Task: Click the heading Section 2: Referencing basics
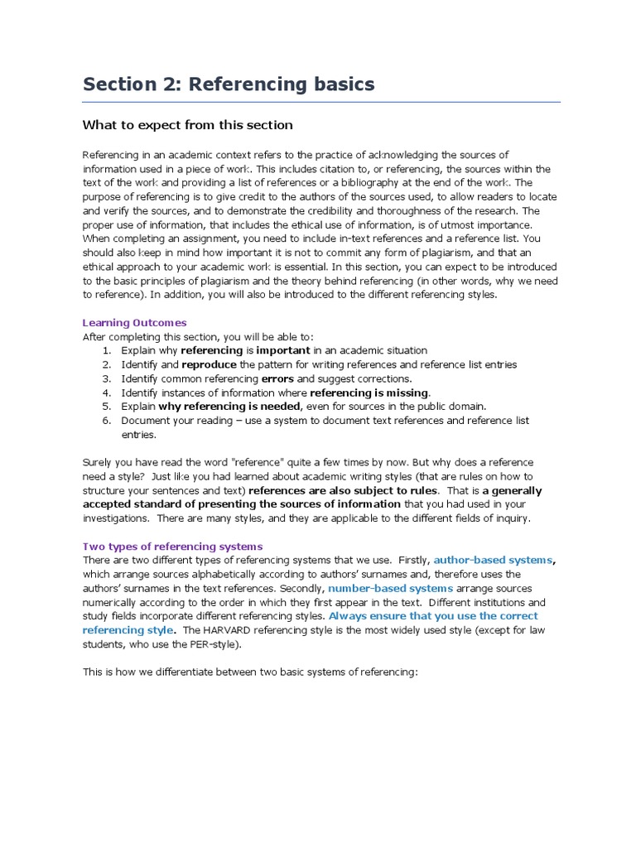tap(228, 84)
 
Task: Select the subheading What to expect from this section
tap(187, 125)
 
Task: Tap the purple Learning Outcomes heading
tap(134, 322)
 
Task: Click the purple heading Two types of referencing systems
tap(172, 546)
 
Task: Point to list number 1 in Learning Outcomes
tap(107, 350)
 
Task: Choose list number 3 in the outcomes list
tap(107, 378)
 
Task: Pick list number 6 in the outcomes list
tap(107, 421)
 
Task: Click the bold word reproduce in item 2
tap(210, 364)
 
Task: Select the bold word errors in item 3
tap(277, 378)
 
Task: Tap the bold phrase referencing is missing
tap(369, 393)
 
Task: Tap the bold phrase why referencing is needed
tap(229, 407)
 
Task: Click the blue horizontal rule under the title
tap(321, 102)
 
